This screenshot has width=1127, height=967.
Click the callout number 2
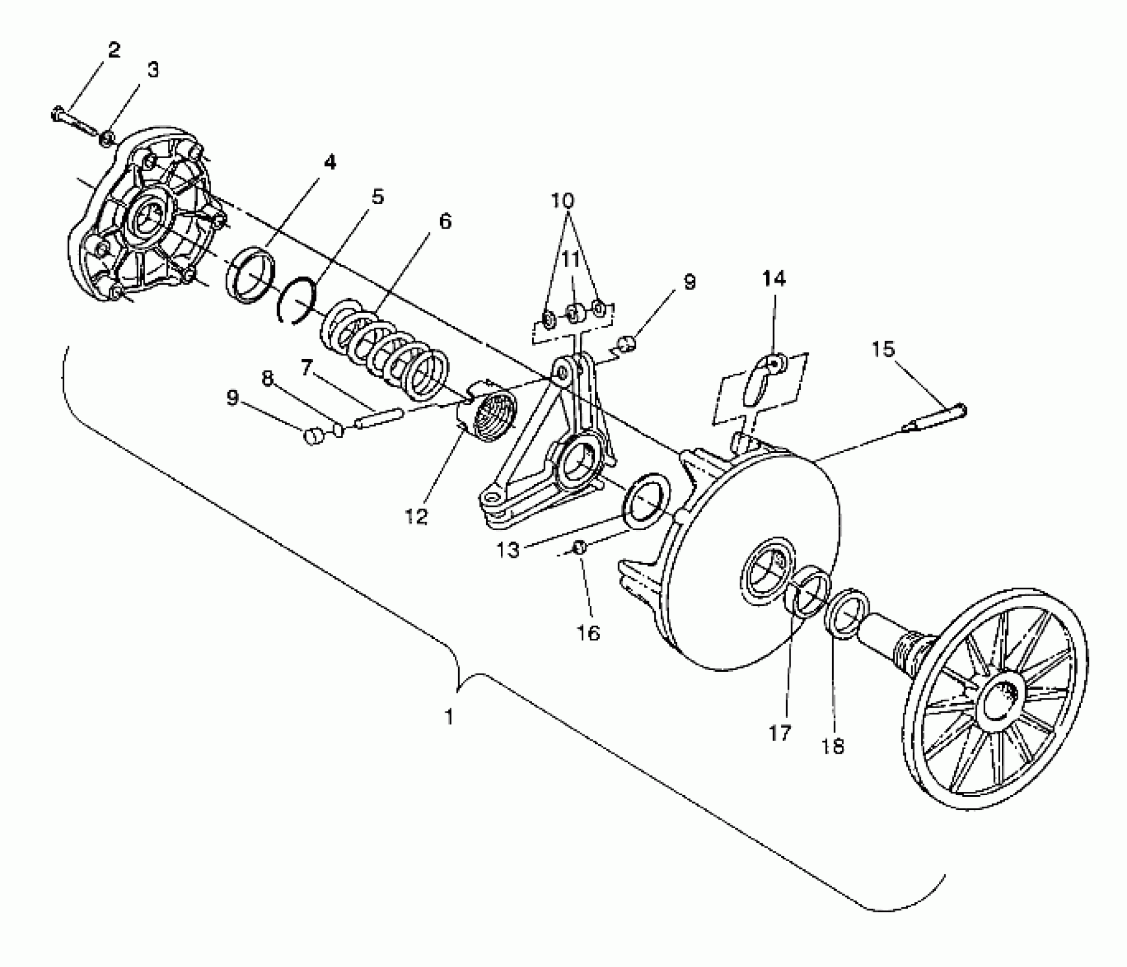[114, 50]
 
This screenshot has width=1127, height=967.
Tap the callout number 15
[883, 349]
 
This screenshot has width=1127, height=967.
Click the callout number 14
[774, 279]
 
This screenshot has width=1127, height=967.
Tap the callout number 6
[445, 221]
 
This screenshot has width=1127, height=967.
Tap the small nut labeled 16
[579, 547]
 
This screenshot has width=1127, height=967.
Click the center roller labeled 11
[574, 312]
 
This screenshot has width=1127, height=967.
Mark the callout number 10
[562, 200]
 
